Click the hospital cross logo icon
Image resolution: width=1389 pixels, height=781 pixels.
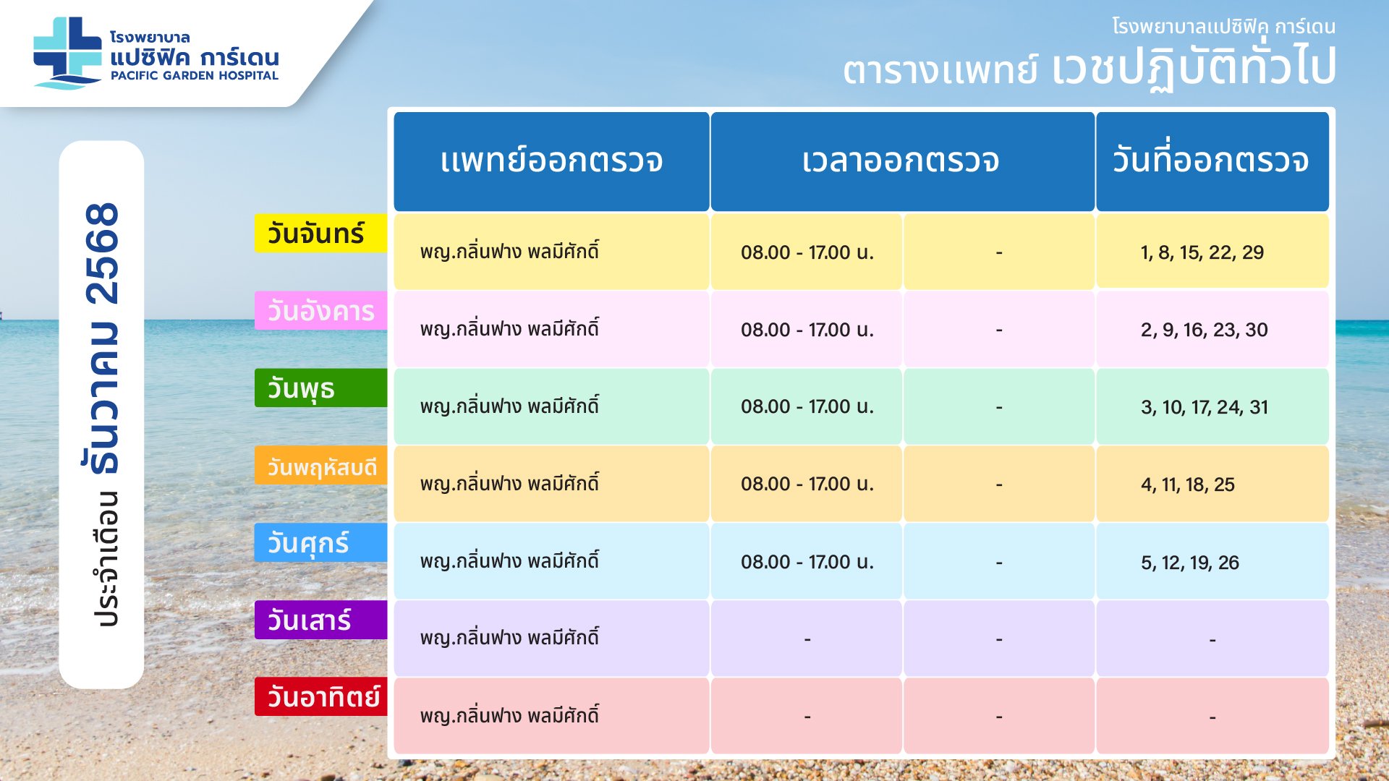67,53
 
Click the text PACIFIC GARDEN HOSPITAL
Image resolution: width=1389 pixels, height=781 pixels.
194,75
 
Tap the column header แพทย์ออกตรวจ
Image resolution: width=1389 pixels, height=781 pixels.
551,161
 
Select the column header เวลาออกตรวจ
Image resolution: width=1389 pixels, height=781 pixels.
901,161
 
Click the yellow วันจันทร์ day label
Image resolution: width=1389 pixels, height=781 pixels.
320,234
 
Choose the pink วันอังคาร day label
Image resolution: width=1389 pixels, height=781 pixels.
320,311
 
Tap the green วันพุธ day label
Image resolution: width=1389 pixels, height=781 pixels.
320,388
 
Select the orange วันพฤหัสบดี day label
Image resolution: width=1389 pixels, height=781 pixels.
320,466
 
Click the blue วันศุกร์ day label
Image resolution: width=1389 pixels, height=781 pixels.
320,543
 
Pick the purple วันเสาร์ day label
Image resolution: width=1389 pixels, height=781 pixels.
320,620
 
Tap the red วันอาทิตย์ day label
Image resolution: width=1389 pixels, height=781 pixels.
320,697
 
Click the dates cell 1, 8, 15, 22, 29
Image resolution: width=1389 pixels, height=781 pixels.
1202,252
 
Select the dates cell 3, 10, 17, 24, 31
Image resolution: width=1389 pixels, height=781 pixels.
1205,407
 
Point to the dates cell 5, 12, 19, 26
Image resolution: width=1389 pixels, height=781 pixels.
1190,562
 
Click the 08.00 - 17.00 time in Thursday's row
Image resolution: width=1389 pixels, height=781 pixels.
807,484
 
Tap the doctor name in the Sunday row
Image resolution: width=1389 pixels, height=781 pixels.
509,714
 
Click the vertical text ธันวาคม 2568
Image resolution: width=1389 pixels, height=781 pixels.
102,338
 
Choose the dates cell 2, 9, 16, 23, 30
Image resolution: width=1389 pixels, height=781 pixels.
1205,330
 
